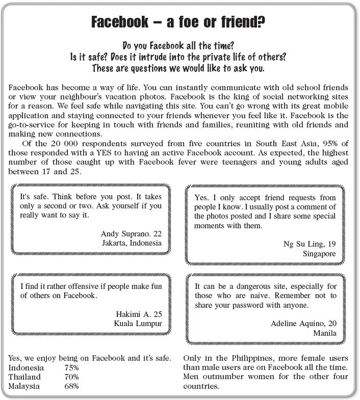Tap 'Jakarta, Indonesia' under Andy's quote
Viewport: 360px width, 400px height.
click(x=132, y=243)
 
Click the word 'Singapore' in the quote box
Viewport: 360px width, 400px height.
click(x=319, y=253)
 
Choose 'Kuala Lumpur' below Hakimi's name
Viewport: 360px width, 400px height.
click(x=138, y=324)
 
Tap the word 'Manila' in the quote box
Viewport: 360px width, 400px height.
click(x=325, y=333)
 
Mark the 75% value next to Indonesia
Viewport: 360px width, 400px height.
click(x=72, y=368)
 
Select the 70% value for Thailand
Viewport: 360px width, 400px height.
click(x=72, y=377)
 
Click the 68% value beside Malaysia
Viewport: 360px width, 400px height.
click(x=72, y=386)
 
